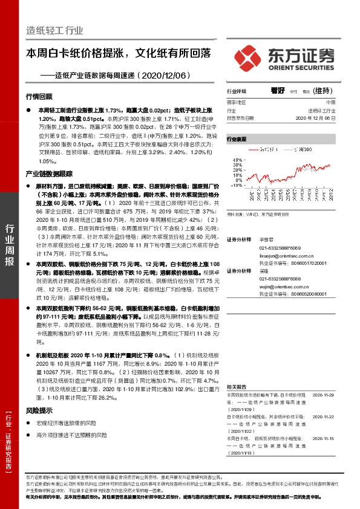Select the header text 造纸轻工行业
click(54, 30)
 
